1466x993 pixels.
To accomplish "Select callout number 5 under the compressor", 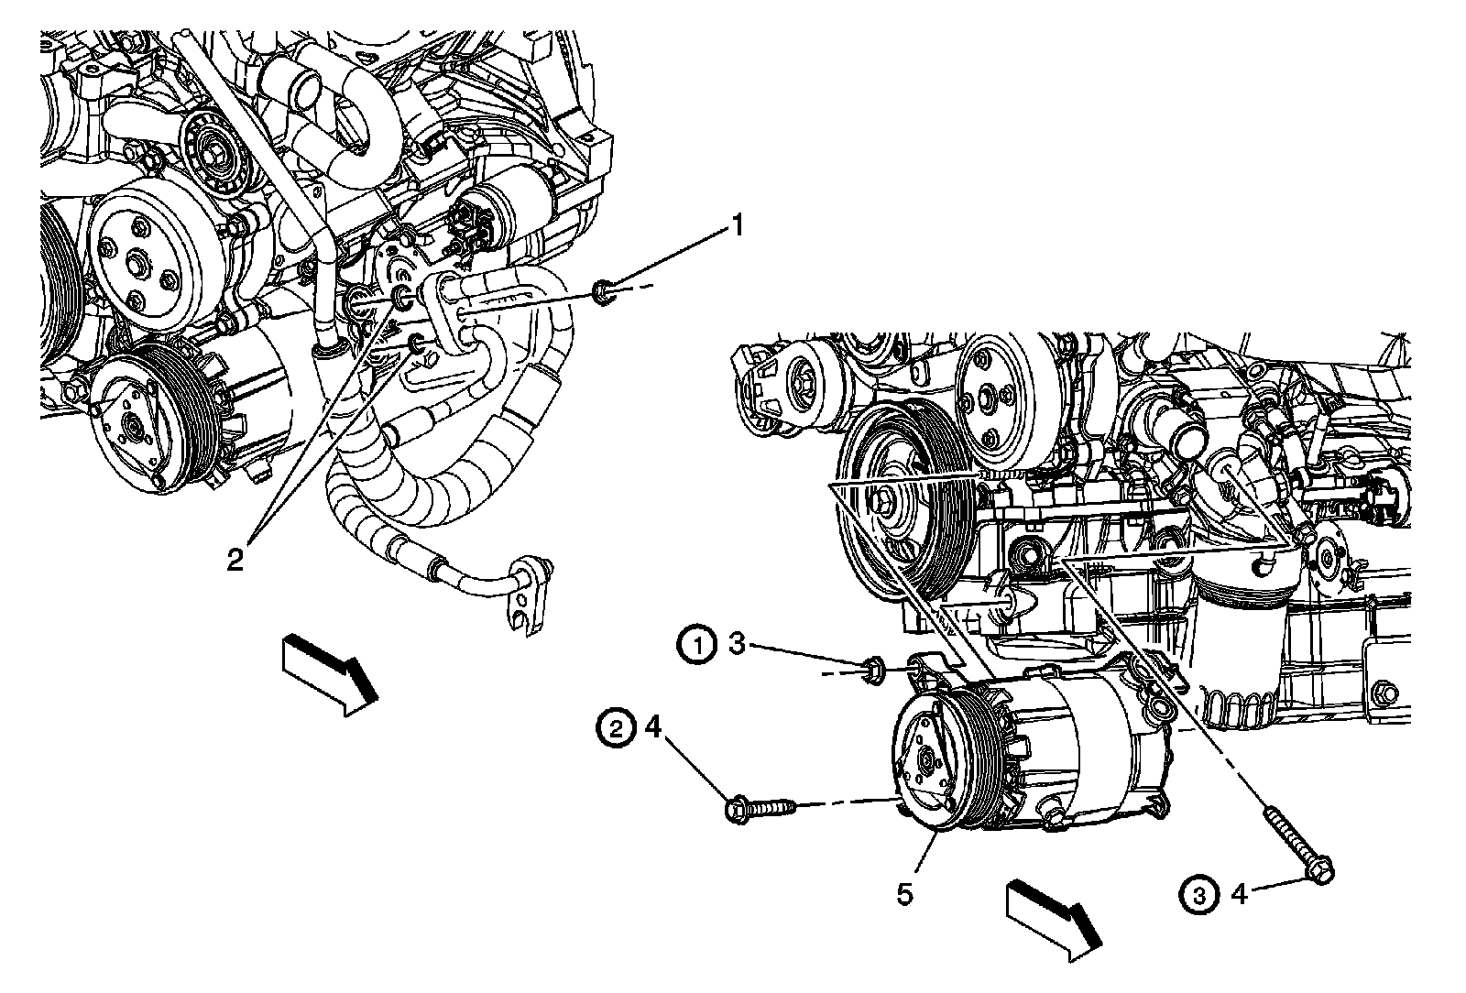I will point(904,894).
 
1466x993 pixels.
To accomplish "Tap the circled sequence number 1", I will point(697,646).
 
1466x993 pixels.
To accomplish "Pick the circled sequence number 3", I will point(1200,894).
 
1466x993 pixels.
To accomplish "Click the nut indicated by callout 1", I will point(604,294).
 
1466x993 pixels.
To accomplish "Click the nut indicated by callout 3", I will point(871,670).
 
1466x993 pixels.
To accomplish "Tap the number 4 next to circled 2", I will point(652,728).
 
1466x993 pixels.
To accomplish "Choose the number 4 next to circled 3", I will point(1239,894).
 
